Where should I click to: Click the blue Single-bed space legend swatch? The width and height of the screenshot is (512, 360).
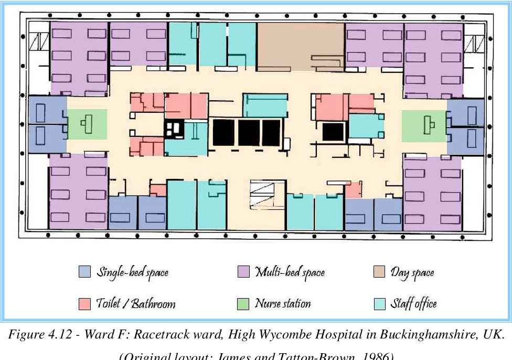84,272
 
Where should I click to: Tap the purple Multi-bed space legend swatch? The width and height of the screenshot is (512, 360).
243,272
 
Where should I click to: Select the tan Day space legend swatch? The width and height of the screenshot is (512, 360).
379,272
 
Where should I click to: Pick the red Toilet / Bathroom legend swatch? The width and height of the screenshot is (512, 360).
84,304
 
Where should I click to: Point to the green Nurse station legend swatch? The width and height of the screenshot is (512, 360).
243,304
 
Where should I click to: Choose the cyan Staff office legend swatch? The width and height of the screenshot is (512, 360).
379,304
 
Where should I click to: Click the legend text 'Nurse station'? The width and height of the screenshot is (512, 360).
283,304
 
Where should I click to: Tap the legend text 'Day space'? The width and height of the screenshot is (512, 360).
412,272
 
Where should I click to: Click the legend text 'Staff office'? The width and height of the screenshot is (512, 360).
413,304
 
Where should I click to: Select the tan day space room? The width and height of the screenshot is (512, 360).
300,46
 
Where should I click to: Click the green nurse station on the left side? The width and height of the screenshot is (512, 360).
88,124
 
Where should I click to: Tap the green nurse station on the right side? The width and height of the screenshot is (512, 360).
424,125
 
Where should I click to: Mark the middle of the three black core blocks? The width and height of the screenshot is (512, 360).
249,132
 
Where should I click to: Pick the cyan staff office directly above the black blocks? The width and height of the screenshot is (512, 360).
265,105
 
